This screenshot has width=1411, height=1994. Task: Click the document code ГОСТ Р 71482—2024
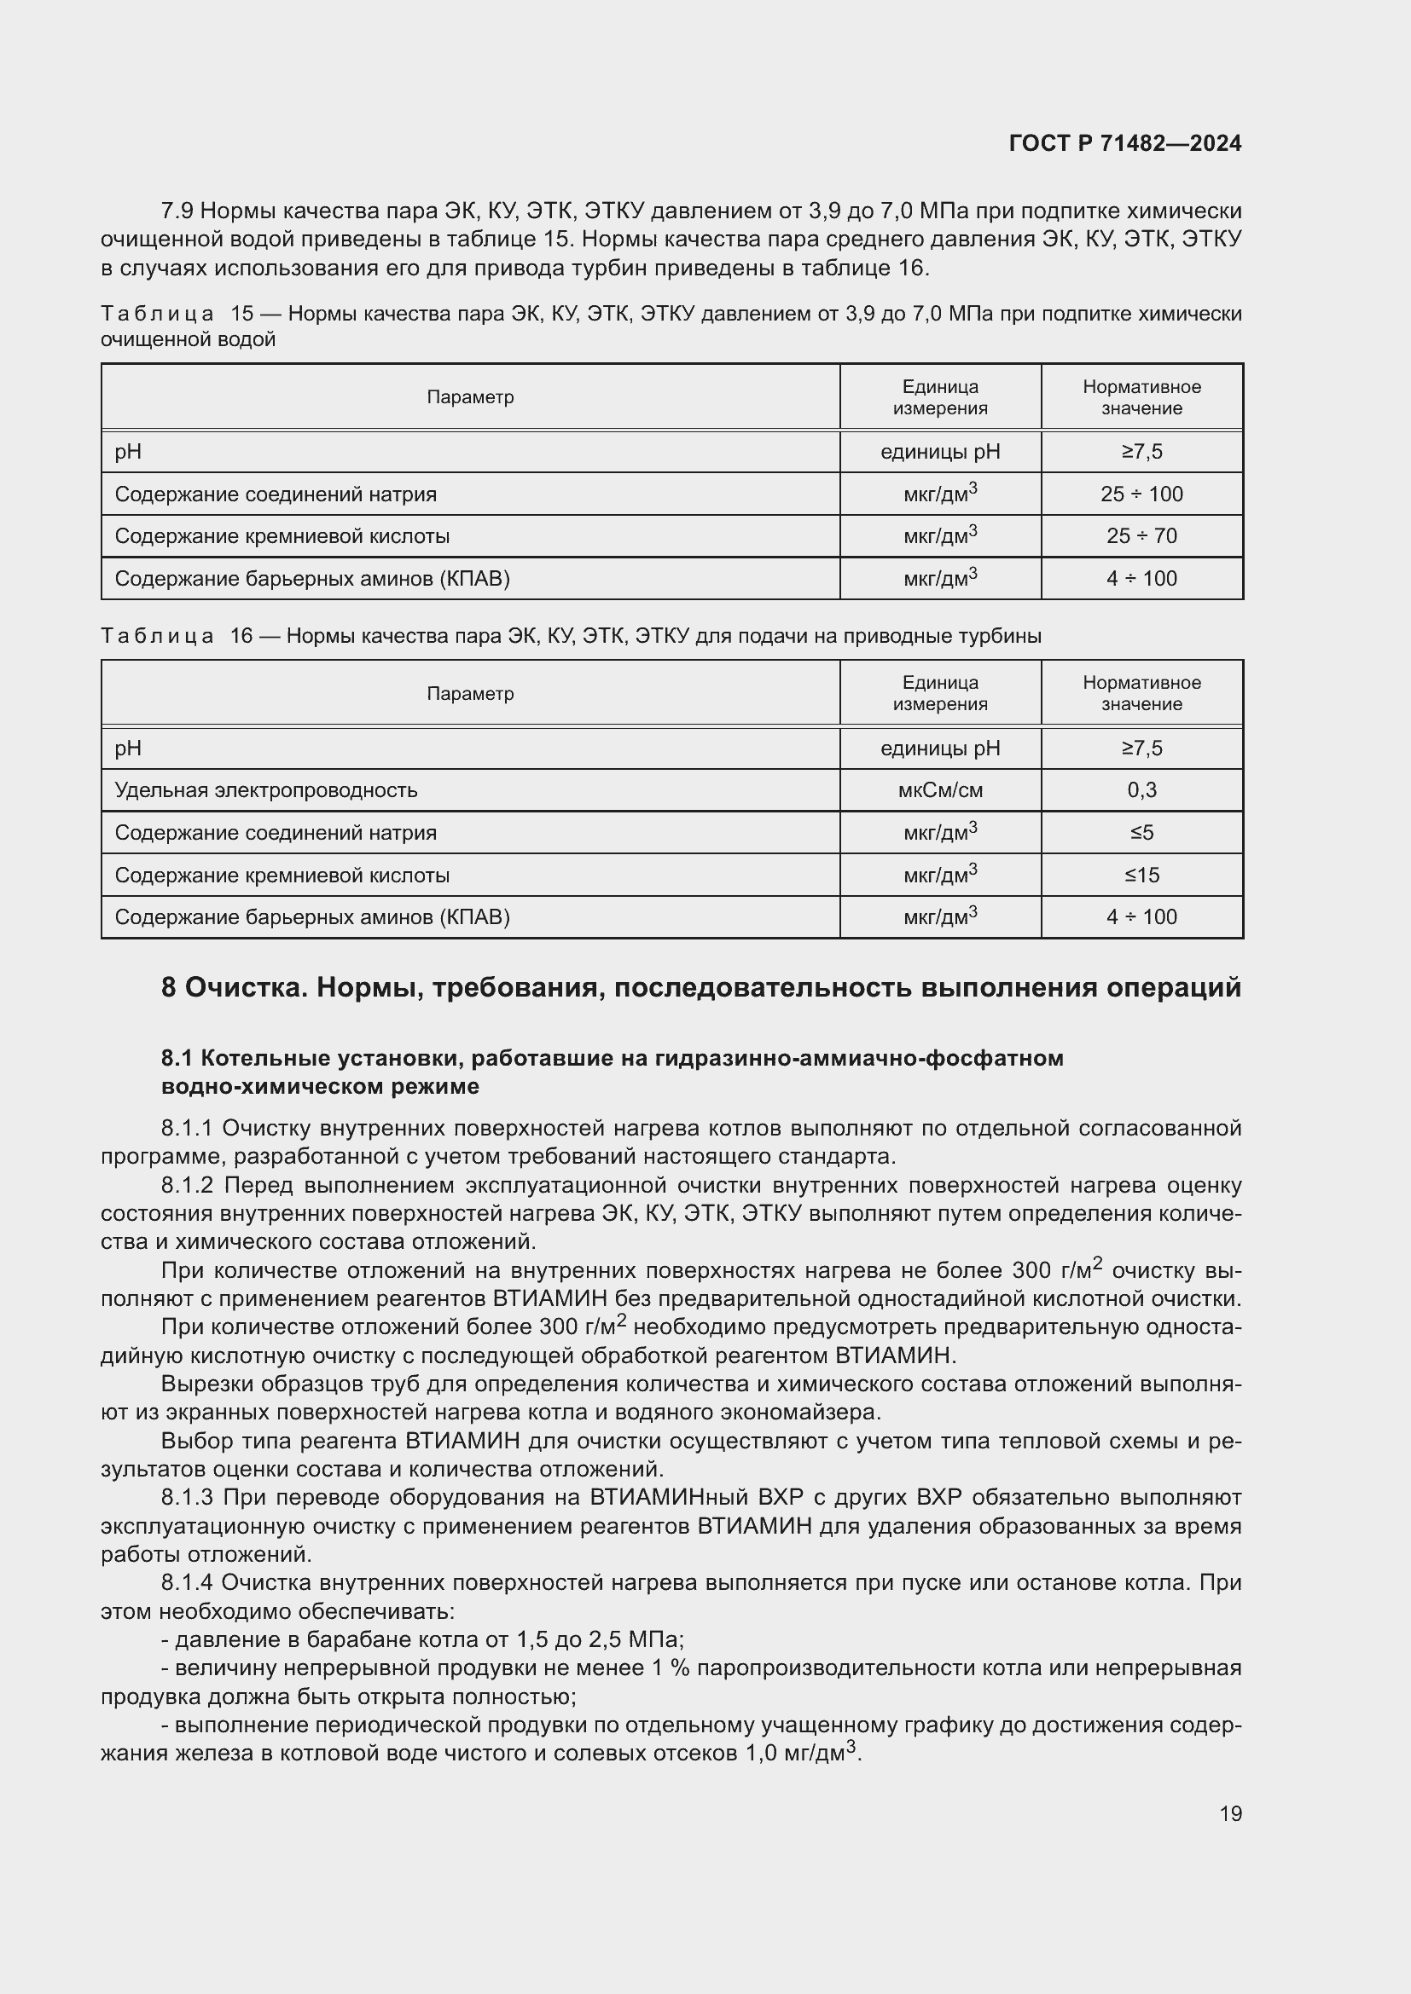coord(1124,143)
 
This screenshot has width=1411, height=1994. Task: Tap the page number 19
coord(1230,1813)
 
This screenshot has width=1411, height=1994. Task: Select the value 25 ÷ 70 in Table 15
coord(1141,536)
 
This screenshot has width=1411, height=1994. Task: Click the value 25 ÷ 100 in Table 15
coord(1141,494)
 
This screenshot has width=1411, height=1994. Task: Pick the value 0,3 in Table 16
coord(1141,790)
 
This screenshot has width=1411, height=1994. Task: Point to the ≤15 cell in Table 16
coord(1141,875)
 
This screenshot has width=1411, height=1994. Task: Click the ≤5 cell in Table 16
coord(1141,833)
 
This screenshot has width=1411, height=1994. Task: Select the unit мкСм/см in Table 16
coord(940,790)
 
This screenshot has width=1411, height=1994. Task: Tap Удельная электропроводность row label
coord(266,790)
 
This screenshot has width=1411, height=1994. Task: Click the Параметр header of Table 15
coord(470,397)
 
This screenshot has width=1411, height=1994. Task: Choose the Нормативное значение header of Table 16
coord(1141,693)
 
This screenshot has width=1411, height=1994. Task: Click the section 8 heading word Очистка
coord(243,987)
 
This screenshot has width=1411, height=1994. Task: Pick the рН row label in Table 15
coord(128,452)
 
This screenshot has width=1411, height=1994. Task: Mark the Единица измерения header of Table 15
coord(940,397)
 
